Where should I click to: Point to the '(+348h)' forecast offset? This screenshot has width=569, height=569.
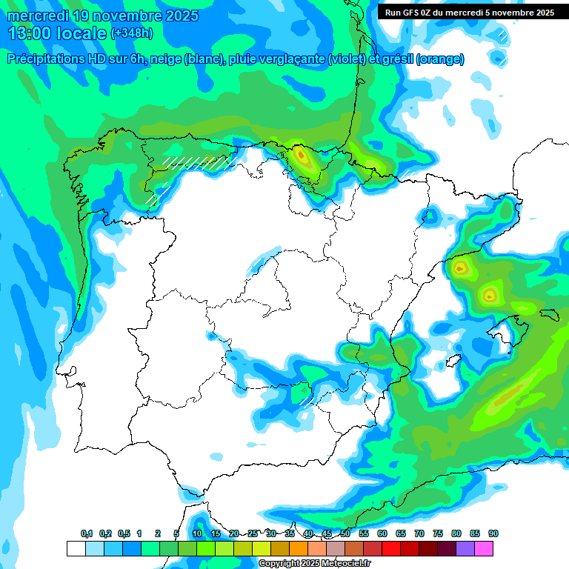pyautogui.click(x=133, y=33)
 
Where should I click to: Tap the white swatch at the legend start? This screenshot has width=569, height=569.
pyautogui.click(x=76, y=549)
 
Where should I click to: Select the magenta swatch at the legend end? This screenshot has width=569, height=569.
pyautogui.click(x=484, y=549)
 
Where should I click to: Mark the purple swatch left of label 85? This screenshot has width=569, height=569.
pyautogui.click(x=465, y=549)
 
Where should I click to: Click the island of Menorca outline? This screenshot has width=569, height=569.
pyautogui.click(x=549, y=313)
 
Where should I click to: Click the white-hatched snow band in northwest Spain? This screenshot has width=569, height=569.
pyautogui.click(x=196, y=162)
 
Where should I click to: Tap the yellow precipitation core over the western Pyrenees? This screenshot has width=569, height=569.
pyautogui.click(x=301, y=156)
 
